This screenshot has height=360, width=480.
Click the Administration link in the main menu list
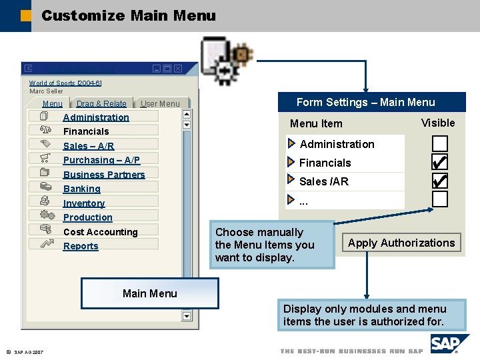(96, 117)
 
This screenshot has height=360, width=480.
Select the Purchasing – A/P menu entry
(101, 160)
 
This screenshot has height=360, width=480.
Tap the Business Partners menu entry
(104, 175)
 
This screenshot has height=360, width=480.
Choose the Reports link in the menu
(81, 246)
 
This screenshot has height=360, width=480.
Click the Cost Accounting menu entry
(100, 232)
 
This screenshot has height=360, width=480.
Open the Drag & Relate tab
(101, 104)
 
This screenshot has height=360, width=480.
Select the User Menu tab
(160, 104)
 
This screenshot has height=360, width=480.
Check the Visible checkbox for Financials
(439, 162)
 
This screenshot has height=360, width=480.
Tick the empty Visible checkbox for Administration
(439, 143)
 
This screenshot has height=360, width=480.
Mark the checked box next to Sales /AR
(439, 181)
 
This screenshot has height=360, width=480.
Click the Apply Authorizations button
(401, 243)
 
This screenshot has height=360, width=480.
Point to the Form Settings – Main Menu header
(365, 102)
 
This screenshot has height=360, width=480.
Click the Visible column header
(438, 123)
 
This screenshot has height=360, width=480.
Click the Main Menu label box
(150, 293)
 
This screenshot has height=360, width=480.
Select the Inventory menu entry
(84, 203)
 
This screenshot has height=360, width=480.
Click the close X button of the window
(178, 69)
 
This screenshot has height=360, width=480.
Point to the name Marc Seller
(46, 91)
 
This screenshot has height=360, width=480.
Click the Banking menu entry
(81, 189)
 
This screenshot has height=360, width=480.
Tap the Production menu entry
(87, 217)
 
